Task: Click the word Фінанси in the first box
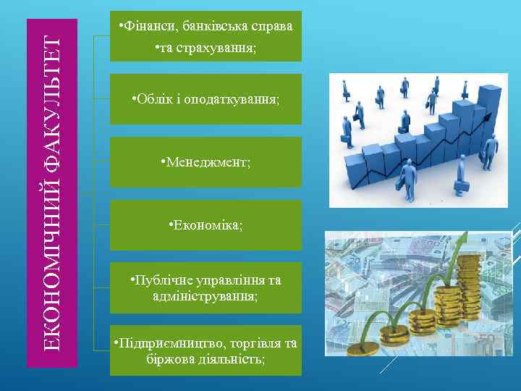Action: [x=144, y=27]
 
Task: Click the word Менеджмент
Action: [x=208, y=161]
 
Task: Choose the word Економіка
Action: [x=208, y=225]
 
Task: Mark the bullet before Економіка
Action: [x=170, y=225]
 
